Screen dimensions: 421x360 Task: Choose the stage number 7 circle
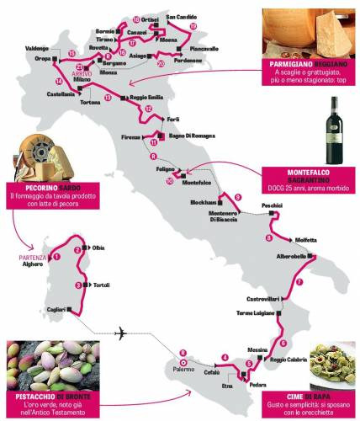[299, 282]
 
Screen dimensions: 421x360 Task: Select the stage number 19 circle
[193, 27]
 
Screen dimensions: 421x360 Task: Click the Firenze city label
[131, 136]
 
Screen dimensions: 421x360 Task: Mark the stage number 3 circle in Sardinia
[78, 285]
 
